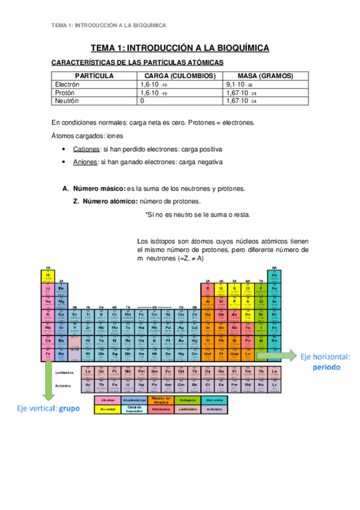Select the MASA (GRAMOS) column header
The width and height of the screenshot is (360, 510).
(265, 76)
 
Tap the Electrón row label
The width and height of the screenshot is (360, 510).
(67, 85)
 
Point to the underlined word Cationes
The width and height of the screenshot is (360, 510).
(85, 149)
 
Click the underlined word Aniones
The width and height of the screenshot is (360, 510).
(85, 162)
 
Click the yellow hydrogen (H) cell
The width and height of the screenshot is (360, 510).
(47, 275)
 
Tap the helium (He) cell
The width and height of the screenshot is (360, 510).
(274, 275)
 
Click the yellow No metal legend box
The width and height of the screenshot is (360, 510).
(108, 409)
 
